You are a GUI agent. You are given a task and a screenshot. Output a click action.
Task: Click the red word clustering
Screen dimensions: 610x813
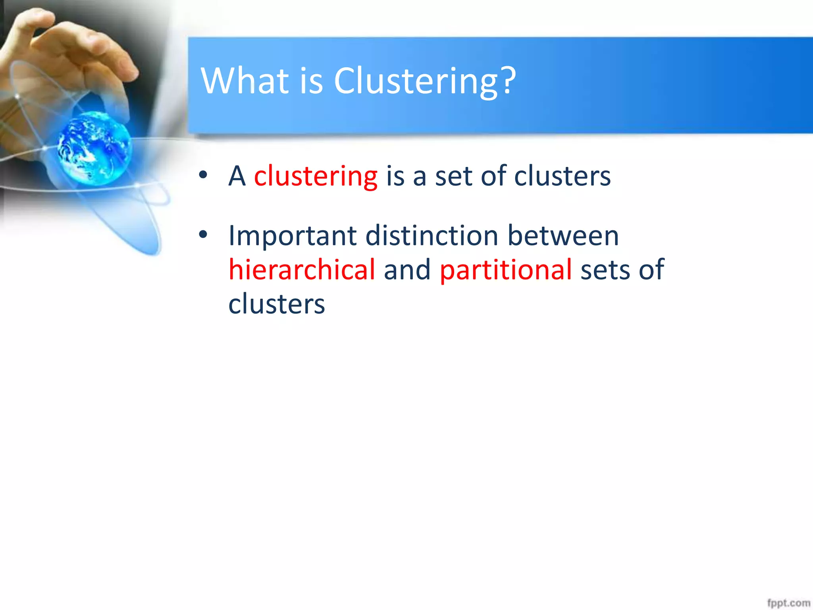click(316, 176)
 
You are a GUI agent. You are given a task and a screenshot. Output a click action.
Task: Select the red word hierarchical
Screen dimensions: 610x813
click(302, 270)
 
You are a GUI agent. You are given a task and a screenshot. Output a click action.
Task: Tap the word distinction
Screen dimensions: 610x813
click(432, 236)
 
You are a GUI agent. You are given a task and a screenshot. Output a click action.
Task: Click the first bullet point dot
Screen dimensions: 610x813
click(203, 175)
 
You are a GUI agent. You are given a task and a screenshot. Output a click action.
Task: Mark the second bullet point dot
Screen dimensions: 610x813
click(203, 235)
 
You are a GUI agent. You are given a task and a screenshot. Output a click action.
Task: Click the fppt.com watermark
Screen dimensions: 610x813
click(788, 602)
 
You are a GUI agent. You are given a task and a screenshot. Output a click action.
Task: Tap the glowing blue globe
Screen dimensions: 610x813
click(94, 148)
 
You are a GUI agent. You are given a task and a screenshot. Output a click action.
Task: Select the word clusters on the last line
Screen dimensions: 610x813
click(277, 304)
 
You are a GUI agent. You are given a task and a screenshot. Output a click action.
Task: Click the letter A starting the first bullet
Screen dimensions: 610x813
click(237, 176)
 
